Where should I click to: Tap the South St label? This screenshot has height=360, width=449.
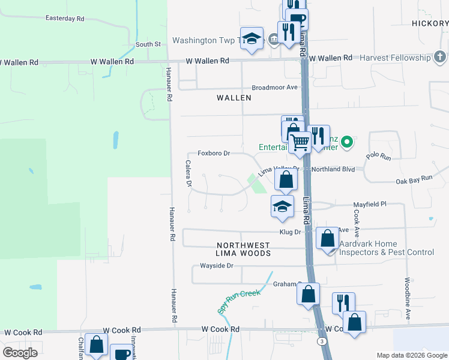pos(148,44)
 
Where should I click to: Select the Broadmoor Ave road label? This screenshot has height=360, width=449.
pos(275,87)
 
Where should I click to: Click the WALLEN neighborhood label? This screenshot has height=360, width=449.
pos(234,97)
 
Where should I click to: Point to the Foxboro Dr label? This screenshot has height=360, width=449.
pos(209,154)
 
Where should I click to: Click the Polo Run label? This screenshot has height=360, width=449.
pos(378,157)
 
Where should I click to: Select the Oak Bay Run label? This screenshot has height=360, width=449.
pos(414,179)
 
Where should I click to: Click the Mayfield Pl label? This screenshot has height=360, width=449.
pos(369,204)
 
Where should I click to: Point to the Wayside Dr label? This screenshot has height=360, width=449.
pos(216,265)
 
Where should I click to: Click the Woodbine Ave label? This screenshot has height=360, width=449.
pos(407,298)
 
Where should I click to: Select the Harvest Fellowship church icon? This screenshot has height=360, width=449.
pos(440,58)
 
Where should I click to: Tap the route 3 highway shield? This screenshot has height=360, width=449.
pos(322,341)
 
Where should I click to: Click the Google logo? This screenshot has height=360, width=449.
pos(20,353)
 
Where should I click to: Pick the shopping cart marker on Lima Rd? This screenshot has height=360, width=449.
pos(300,142)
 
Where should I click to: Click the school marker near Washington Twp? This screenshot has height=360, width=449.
pos(252,38)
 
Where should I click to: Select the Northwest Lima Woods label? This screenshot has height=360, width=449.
pos(243,250)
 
